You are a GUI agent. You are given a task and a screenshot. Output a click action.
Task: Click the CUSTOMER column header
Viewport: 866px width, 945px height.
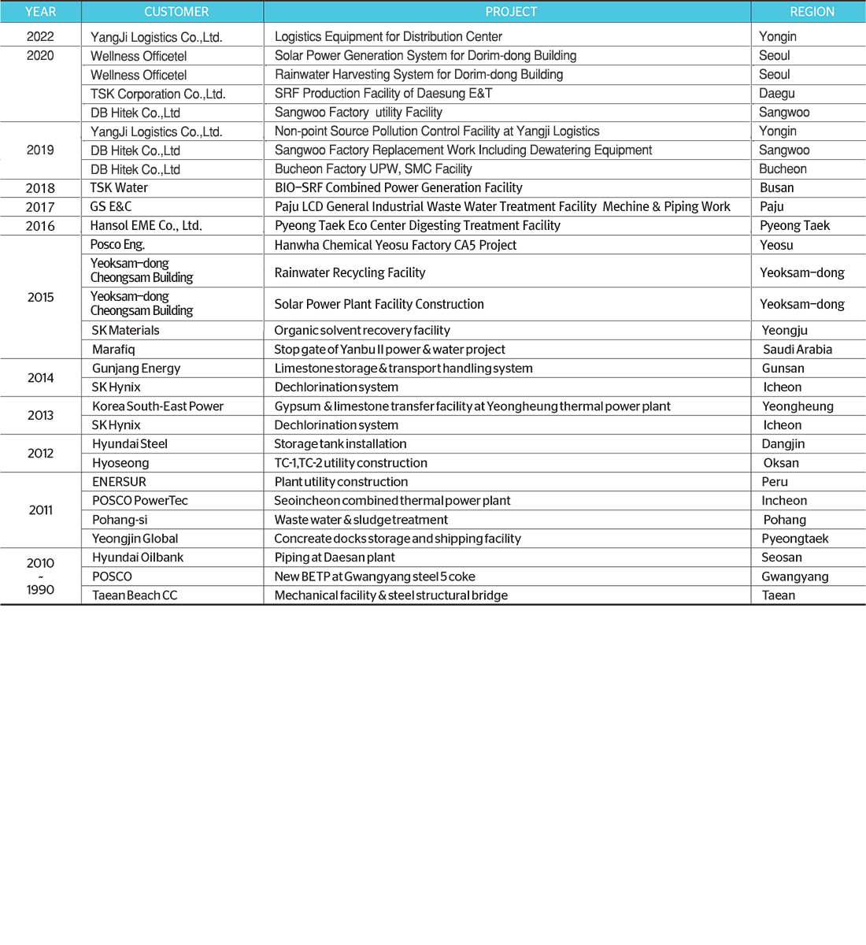pos(176,12)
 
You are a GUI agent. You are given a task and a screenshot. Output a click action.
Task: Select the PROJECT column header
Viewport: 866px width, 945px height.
pos(511,12)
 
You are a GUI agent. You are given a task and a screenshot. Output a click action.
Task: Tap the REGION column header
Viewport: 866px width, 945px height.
pos(812,12)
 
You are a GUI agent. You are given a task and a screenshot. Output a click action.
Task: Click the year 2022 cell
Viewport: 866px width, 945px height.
pos(40,36)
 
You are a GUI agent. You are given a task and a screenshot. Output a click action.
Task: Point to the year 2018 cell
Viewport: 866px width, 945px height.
pos(40,188)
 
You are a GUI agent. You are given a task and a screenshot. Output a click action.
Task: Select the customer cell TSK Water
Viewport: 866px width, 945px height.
pos(119,188)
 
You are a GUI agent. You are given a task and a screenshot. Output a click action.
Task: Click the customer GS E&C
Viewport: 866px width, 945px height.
pos(111,207)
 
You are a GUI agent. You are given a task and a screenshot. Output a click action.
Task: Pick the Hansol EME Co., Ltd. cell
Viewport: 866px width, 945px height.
pos(146,226)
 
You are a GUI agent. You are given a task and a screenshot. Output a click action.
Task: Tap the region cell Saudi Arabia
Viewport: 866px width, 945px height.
pos(797,350)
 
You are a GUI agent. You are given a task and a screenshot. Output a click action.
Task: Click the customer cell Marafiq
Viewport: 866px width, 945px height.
pos(113,350)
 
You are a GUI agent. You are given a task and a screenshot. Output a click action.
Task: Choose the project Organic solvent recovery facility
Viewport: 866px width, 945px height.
pos(362,331)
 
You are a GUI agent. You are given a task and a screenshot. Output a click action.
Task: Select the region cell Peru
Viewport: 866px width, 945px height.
pos(775,482)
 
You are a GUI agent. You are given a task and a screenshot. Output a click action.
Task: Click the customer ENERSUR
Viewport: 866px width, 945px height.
pos(119,482)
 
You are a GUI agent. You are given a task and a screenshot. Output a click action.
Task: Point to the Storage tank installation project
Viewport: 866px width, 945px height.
pos(340,444)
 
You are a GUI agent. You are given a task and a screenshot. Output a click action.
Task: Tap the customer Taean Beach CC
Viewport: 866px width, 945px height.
pos(135,595)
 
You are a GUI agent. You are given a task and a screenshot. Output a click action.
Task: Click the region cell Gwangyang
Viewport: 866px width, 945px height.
pos(795,576)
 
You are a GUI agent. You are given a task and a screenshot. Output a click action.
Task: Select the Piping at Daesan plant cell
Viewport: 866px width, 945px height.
pos(335,558)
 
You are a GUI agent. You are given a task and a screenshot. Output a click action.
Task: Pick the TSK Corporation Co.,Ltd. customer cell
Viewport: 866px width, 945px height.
pos(158,94)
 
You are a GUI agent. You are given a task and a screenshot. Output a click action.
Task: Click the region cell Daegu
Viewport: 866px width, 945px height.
pos(777,94)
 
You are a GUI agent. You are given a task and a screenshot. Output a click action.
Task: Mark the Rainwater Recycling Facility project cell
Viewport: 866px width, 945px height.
pos(350,272)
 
